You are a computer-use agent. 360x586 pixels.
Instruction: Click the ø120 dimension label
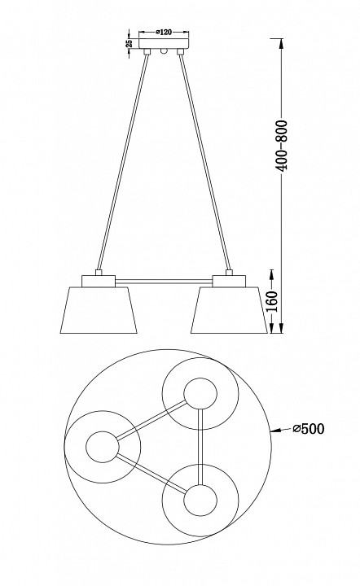[x=164, y=33]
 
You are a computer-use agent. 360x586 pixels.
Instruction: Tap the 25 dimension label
[x=130, y=43]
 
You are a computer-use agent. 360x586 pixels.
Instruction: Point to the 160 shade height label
[x=273, y=301]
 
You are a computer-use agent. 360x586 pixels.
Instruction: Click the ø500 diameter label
[x=309, y=429]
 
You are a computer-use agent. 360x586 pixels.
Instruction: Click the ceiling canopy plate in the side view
[x=164, y=43]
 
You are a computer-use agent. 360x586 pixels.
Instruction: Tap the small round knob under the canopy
[x=164, y=50]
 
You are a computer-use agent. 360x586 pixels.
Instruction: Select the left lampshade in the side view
[x=99, y=310]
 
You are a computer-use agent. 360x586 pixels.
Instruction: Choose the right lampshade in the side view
[x=229, y=310]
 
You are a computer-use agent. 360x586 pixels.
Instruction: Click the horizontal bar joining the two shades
[x=164, y=280]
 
